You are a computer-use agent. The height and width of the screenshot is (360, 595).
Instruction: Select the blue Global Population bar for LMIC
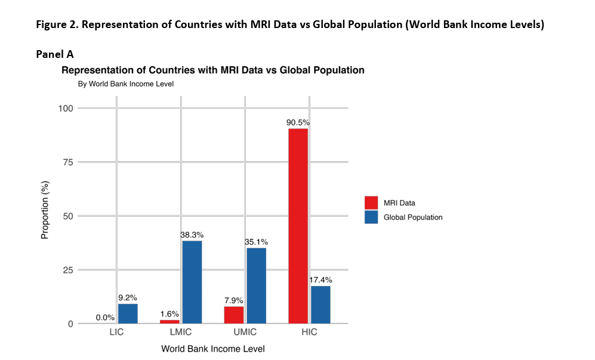coord(192,282)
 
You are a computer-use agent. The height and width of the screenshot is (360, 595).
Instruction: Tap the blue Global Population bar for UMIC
coord(256,285)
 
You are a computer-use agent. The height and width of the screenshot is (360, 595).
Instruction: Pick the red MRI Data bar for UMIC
coord(233,315)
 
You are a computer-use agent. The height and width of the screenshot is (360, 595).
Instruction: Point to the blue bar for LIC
coord(128,313)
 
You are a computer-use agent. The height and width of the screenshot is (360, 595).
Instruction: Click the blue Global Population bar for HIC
coord(320,304)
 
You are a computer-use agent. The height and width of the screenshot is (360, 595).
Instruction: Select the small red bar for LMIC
coord(169,322)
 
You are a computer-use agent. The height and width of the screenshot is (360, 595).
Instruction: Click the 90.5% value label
coord(298,123)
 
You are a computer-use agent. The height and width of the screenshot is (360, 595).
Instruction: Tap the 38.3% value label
coord(192,235)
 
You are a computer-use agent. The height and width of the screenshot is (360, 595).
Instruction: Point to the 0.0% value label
coord(105,318)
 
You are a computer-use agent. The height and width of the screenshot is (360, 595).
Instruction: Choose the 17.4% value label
coord(320,280)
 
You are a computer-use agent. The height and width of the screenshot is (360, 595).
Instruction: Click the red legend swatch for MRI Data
coord(371,203)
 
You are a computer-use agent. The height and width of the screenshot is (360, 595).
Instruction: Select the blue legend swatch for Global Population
coord(371,217)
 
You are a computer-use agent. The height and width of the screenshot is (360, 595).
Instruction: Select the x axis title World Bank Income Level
coord(212,349)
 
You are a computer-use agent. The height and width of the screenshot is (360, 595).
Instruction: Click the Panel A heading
coord(55,54)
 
